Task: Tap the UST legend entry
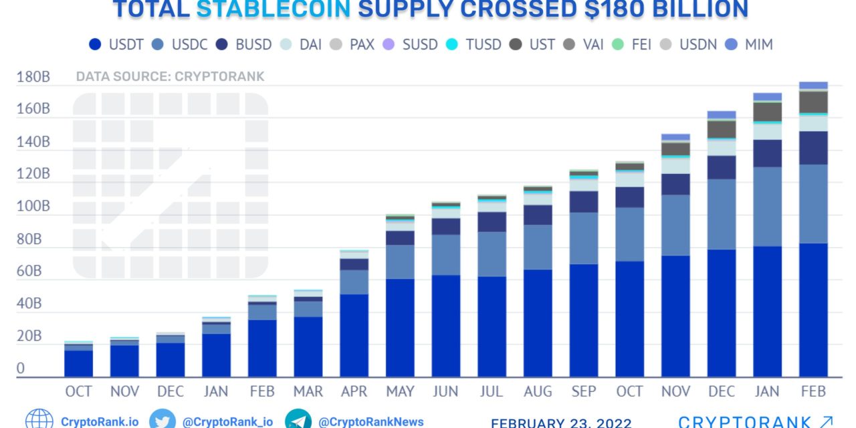tap(531, 45)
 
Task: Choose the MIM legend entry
tap(747, 45)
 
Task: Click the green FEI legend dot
tap(618, 45)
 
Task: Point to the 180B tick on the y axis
tap(33, 77)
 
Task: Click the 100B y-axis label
tap(33, 207)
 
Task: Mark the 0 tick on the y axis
tap(21, 368)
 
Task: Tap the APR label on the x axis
tap(354, 391)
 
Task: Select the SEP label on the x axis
tap(584, 391)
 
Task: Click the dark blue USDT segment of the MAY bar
tap(400, 328)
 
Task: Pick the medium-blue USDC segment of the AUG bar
tap(538, 247)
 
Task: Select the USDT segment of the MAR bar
tap(308, 346)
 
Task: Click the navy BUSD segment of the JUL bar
tap(492, 222)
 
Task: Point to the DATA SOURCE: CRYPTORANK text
tap(170, 76)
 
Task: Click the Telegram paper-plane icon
tap(298, 421)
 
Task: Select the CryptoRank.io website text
tap(100, 422)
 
